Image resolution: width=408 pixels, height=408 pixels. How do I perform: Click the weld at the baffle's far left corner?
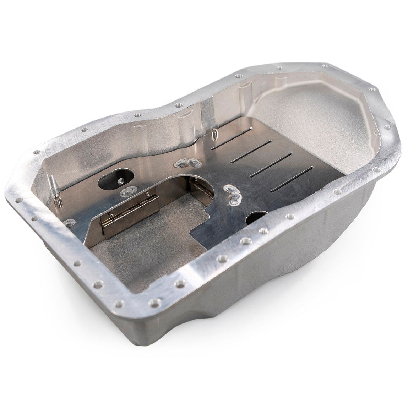coord(69,223)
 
